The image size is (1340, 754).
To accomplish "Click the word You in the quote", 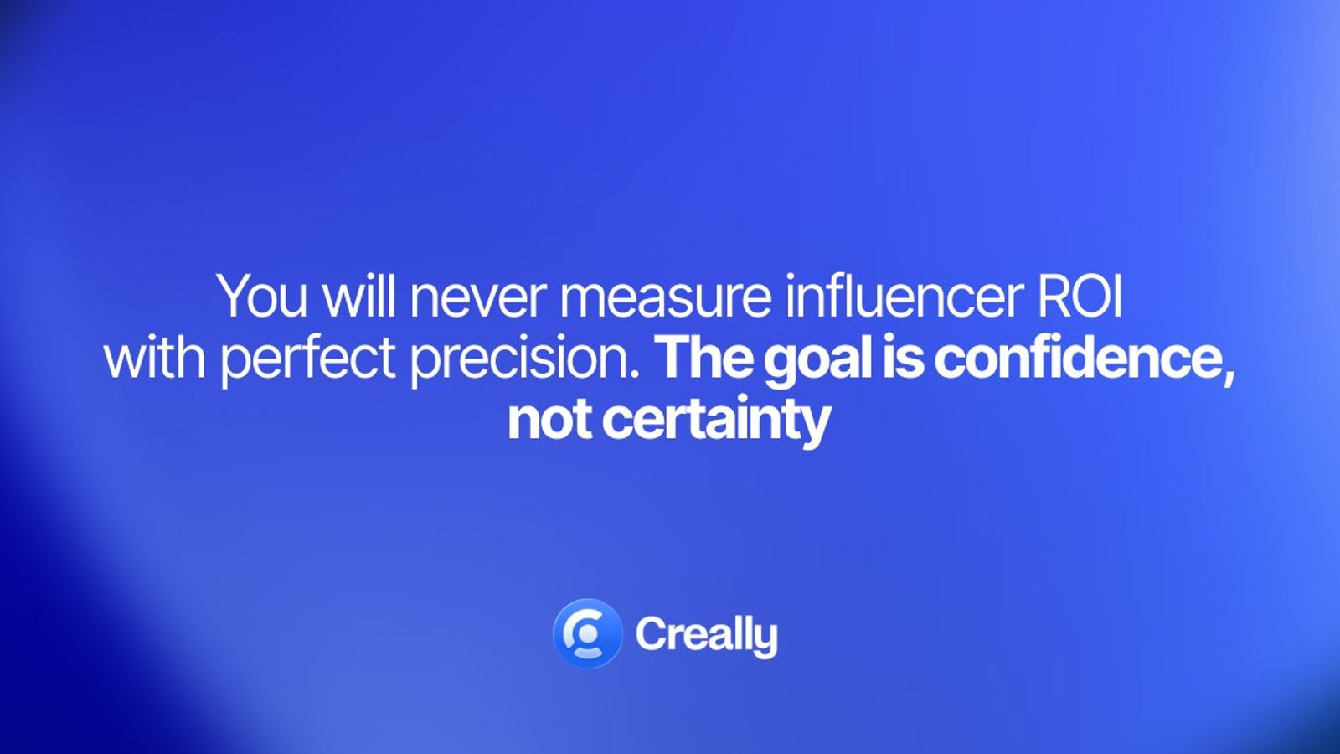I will [261, 297].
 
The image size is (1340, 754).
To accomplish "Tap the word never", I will [477, 297].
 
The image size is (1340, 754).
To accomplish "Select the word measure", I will [665, 298].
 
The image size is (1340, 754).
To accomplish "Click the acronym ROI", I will [1080, 297].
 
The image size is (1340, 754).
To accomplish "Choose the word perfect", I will [307, 359].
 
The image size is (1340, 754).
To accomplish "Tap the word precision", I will [520, 359].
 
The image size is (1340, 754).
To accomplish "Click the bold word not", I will [547, 419].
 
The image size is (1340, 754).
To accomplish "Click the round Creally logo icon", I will [587, 633].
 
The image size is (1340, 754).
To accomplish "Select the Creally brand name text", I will [706, 635].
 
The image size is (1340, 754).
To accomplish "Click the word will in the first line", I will [359, 297].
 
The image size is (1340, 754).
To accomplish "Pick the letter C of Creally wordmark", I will [651, 634].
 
